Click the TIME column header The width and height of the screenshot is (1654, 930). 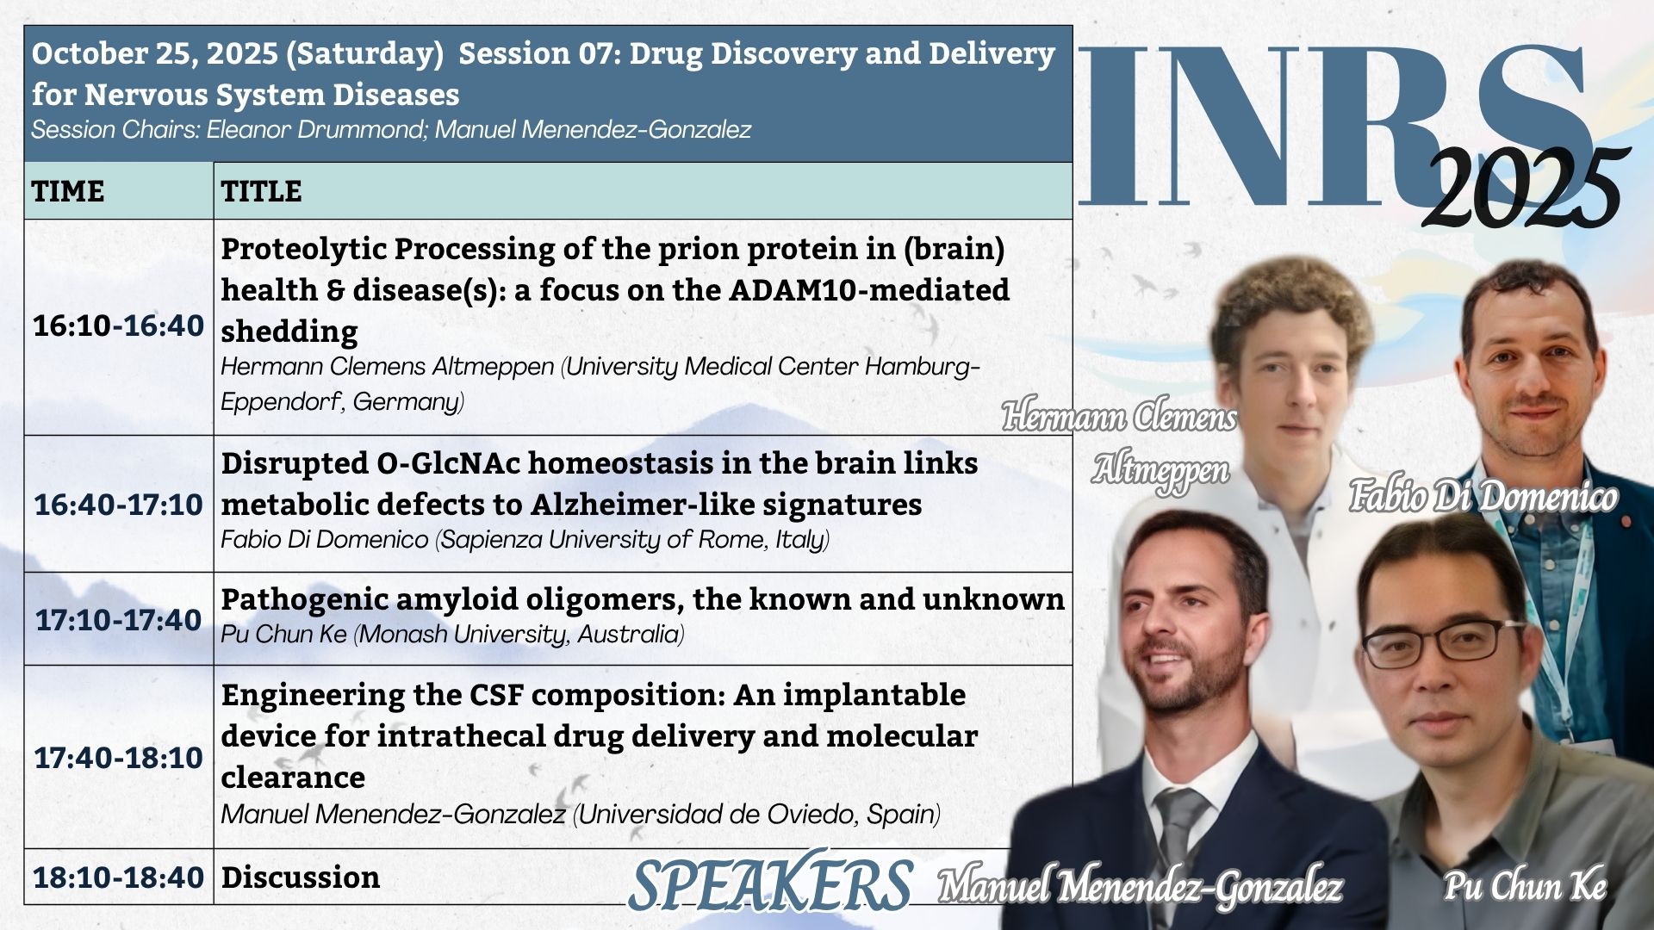point(68,190)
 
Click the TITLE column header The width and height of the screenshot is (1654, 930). point(261,190)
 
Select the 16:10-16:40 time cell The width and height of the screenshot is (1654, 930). point(119,325)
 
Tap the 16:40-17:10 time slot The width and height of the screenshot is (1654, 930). point(119,504)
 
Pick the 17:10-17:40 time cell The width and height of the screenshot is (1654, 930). point(119,619)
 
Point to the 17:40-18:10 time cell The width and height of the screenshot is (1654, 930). point(119,757)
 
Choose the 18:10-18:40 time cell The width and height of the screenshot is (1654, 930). point(119,877)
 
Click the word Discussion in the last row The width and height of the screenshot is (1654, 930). point(301,877)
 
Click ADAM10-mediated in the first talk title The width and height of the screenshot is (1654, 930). point(869,290)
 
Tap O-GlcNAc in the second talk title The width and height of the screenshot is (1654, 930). point(448,463)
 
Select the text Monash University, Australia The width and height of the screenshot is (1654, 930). point(519,634)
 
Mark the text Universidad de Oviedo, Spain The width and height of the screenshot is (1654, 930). point(757,814)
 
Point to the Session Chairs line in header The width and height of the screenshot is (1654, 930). point(391,129)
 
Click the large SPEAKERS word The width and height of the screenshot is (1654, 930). point(770,883)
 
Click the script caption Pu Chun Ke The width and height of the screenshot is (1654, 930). point(1525,886)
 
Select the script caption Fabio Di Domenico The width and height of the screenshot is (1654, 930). point(1483,497)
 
